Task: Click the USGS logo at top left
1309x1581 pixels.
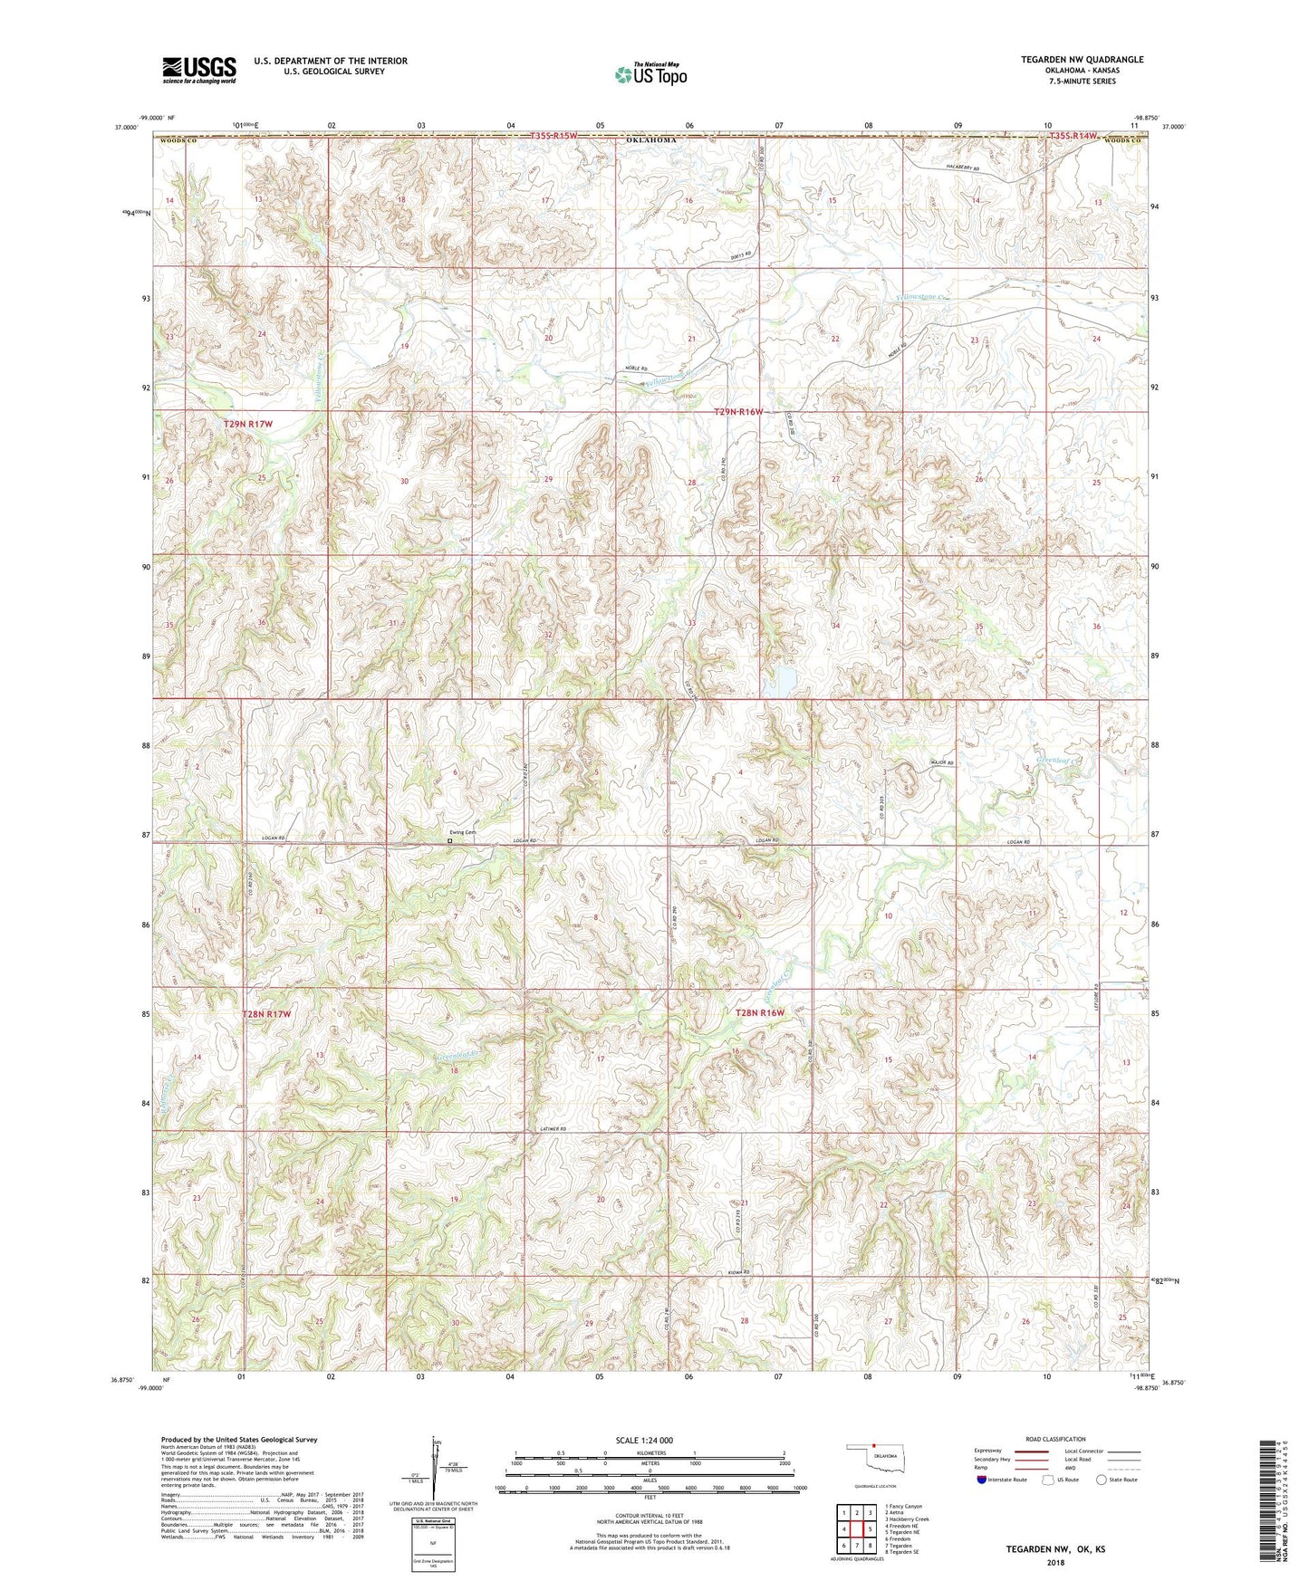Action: (199, 70)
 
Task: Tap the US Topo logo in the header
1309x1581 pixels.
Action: (650, 74)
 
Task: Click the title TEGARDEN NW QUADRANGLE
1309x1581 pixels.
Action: (1082, 60)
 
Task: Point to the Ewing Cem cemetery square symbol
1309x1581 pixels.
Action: (450, 841)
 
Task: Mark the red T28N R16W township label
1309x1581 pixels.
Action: (759, 1012)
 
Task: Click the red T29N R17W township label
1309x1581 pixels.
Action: (247, 424)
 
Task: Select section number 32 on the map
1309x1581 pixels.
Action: (548, 635)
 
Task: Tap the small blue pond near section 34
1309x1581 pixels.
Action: (779, 682)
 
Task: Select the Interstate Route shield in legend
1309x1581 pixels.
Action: (983, 1480)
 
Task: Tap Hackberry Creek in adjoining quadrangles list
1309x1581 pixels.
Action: (907, 1519)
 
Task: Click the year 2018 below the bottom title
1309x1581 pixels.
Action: (1054, 1563)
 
